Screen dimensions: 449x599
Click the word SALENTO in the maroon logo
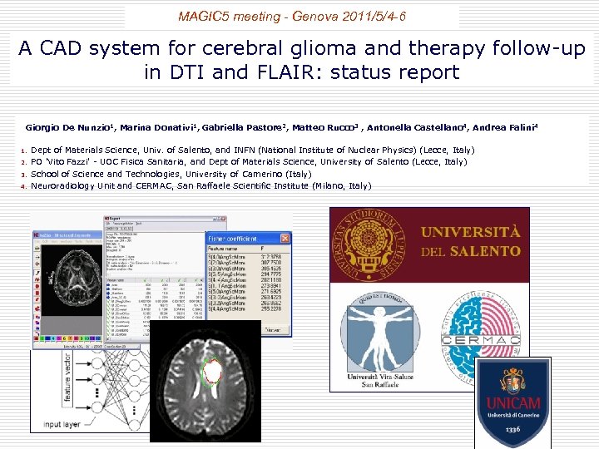pos(480,251)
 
